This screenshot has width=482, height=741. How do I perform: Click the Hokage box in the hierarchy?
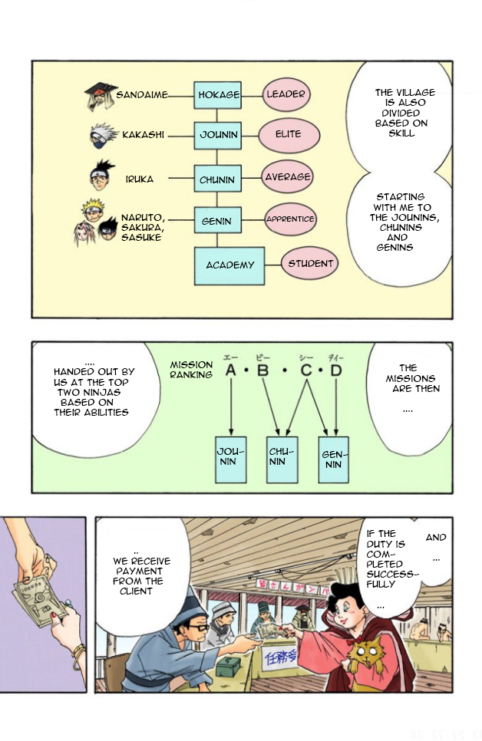tap(218, 95)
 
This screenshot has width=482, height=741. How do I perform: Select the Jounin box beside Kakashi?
tap(218, 135)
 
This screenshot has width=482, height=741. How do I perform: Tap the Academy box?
tap(229, 265)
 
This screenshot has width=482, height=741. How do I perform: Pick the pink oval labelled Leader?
tap(286, 94)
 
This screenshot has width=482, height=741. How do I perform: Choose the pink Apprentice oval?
tap(289, 219)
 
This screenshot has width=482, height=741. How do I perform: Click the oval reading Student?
tap(310, 264)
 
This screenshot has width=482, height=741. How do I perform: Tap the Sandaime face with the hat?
tap(100, 95)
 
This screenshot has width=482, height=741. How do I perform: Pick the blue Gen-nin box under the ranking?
tap(333, 459)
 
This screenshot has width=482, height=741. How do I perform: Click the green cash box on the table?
tap(228, 667)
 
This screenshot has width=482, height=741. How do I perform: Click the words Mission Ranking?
tap(191, 370)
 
